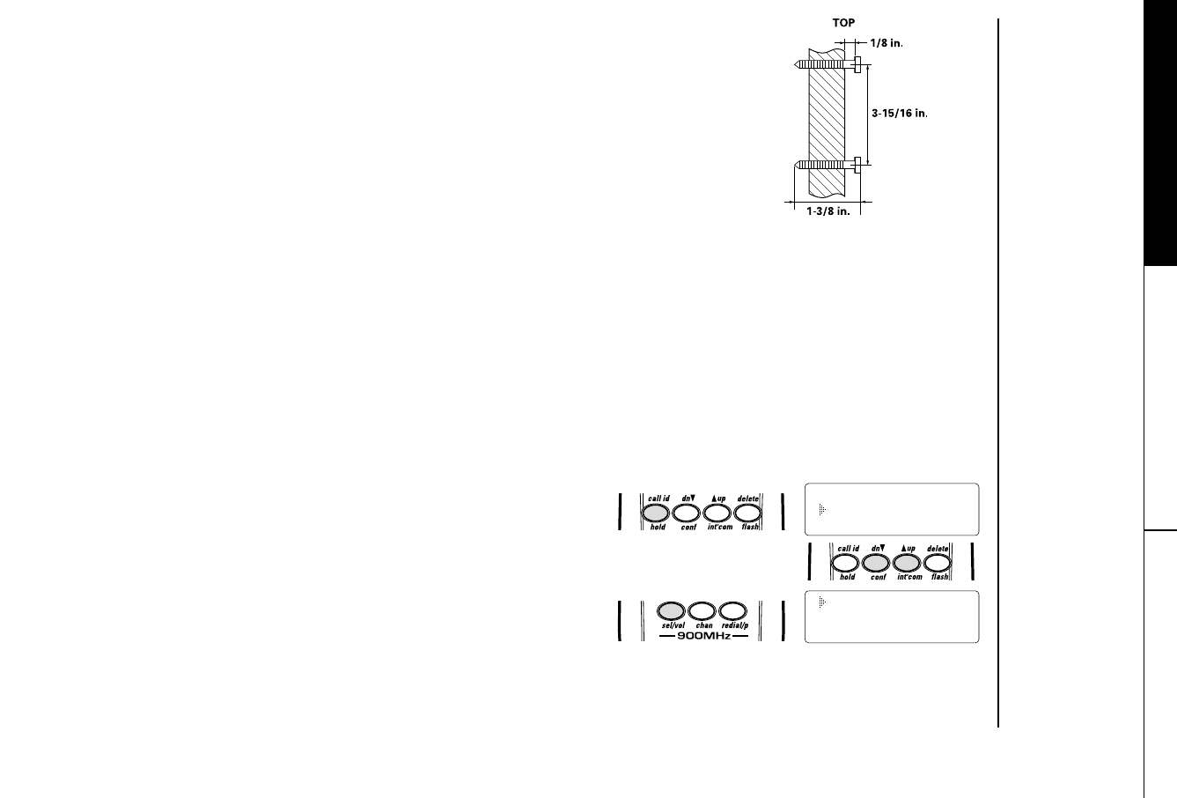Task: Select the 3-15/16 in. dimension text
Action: (901, 113)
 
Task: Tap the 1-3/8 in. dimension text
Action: (828, 212)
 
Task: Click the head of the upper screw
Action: (857, 64)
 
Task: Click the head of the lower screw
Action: (857, 164)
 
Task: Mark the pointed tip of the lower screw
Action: (796, 164)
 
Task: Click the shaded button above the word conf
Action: (877, 564)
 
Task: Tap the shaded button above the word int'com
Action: (908, 564)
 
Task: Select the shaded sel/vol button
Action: (673, 610)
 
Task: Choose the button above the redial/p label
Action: (733, 610)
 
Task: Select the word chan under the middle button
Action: (704, 625)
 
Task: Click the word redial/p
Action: (734, 625)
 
